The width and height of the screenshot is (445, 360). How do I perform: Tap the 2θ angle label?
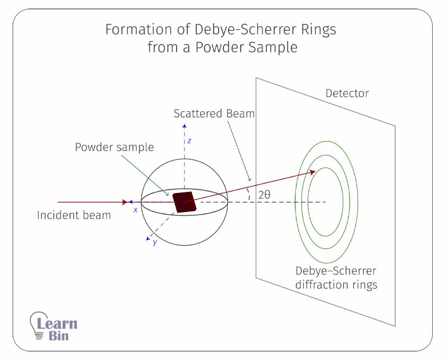264,195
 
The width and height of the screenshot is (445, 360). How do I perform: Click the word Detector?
347,94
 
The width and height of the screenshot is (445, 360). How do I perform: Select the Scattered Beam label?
214,113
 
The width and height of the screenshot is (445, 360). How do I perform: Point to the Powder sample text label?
114,147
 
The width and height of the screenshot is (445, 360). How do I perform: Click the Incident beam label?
74,215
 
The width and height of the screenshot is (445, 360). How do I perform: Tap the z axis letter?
189,142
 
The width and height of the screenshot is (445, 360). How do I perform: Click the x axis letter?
136,210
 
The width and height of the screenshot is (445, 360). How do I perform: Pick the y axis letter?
155,242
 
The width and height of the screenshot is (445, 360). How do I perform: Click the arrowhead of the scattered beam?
313,171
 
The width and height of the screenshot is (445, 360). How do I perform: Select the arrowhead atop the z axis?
184,126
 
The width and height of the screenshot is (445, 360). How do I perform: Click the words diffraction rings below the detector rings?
336,285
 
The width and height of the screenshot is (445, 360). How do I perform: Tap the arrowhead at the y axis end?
149,239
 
